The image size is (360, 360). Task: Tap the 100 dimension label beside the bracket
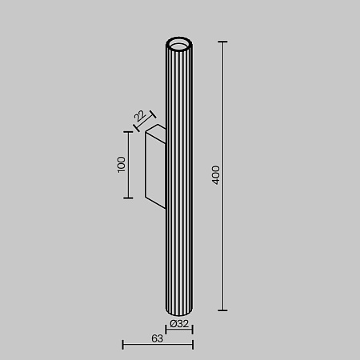[121, 165]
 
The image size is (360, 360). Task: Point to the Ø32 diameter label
[180, 324]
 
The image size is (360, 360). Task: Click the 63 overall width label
[157, 338]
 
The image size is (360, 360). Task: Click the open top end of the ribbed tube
[180, 42]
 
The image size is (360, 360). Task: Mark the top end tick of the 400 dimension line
[222, 42]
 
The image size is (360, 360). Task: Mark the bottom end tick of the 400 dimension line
[222, 310]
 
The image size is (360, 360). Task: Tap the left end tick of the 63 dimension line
[122, 345]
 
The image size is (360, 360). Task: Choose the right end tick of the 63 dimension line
[193, 345]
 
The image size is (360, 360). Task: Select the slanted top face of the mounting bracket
[154, 130]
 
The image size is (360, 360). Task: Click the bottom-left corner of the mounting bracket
[145, 198]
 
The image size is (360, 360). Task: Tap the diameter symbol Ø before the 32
[174, 324]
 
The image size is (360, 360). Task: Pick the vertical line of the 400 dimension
[222, 240]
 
